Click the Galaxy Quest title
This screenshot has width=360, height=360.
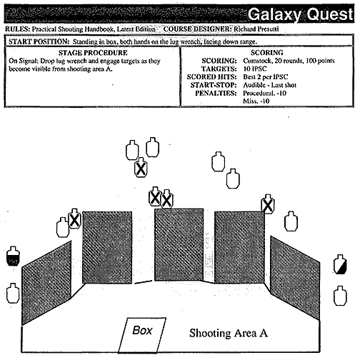[x=301, y=14]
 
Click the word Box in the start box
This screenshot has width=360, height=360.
[x=142, y=331]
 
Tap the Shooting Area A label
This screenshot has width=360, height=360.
[x=229, y=333]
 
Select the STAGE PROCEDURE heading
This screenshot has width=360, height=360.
[x=93, y=53]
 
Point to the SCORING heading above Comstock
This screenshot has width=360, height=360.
[x=266, y=52]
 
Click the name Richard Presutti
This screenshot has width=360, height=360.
[x=256, y=29]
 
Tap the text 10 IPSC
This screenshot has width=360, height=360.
[x=255, y=69]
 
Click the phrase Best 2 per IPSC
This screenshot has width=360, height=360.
[x=266, y=77]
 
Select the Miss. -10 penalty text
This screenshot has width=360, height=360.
[x=256, y=101]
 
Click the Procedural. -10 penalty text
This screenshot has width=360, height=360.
[x=264, y=93]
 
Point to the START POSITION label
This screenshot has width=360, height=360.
[x=39, y=41]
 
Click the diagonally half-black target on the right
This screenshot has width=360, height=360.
[x=340, y=264]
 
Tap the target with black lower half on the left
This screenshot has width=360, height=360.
[x=13, y=256]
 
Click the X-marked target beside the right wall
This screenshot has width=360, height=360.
[x=268, y=204]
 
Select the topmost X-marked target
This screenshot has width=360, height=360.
[x=141, y=168]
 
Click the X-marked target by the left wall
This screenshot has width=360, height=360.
[x=74, y=219]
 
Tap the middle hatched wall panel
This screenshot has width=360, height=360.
[x=179, y=245]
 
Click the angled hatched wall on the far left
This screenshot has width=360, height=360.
[x=46, y=283]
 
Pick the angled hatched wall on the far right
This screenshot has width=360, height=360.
[x=295, y=278]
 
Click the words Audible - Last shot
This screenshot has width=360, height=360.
[x=270, y=85]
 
